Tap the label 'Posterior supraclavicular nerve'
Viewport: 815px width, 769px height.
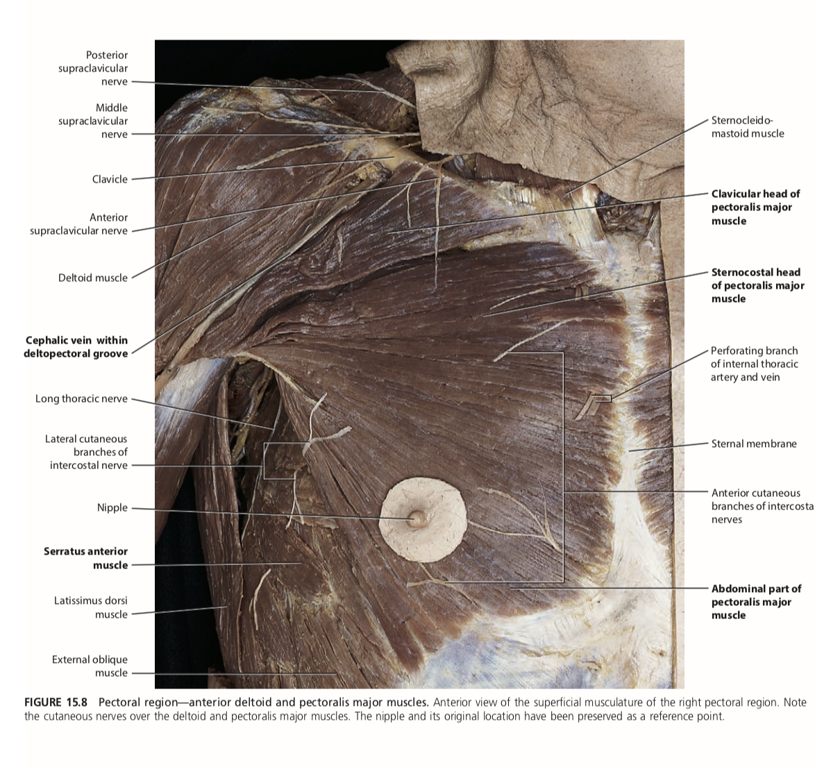[x=93, y=68]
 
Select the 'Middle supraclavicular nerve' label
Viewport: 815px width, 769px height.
[x=93, y=121]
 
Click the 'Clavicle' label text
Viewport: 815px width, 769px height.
[x=110, y=179]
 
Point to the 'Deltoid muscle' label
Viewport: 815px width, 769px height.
[x=93, y=278]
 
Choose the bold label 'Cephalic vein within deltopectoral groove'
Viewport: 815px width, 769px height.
[x=76, y=346]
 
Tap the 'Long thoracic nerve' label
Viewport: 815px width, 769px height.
[x=82, y=398]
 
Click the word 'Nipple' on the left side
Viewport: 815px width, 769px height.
[x=112, y=507]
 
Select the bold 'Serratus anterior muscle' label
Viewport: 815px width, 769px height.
[x=86, y=558]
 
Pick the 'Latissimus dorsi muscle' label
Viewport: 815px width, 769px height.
[x=91, y=607]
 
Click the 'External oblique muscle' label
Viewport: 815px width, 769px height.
[x=90, y=666]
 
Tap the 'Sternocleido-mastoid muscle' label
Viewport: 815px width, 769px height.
[x=748, y=127]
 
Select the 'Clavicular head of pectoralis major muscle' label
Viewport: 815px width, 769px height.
[x=755, y=207]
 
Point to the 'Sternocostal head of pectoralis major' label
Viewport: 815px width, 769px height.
[x=757, y=285]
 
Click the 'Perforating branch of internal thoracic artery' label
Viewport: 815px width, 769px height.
[x=754, y=364]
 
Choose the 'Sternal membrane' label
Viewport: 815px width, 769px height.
[x=754, y=443]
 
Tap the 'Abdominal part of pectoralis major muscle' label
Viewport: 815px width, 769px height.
[x=756, y=602]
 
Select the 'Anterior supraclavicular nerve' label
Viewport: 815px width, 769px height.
[x=79, y=224]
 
